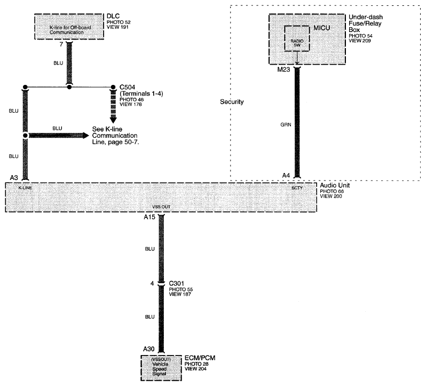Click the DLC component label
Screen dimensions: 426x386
pos(113,16)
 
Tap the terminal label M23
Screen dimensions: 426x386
pos(283,69)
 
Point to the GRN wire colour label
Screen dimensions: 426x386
pos(286,125)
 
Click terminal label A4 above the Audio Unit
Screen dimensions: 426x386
pos(286,176)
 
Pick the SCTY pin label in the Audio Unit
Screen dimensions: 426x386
pos(297,188)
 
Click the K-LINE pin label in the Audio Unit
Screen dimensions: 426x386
pos(25,188)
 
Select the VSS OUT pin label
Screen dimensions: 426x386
pos(161,207)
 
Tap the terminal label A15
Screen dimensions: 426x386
pos(149,217)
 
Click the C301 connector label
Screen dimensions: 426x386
pos(176,283)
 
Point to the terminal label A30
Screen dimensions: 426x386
pos(148,349)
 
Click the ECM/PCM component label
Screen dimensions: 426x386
pos(200,358)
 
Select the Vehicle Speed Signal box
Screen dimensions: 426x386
pos(161,368)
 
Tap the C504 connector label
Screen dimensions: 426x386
pos(127,87)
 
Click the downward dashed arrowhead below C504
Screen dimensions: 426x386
pos(113,120)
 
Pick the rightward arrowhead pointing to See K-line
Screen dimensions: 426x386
pos(86,135)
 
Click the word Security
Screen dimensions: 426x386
pos(232,102)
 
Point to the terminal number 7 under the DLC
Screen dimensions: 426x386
pos(61,44)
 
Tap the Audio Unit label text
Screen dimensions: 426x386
pos(335,185)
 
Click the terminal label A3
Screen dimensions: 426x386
pos(14,178)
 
